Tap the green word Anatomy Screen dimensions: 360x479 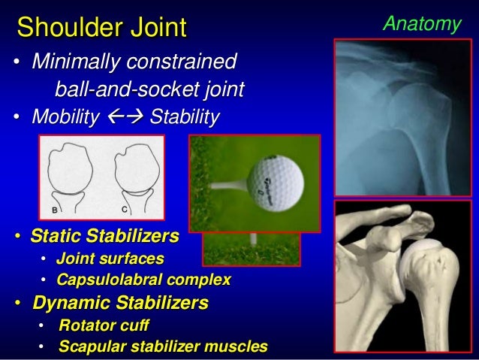tap(421, 24)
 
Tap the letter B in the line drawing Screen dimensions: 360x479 tap(54, 210)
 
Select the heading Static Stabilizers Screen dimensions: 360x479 tap(104, 237)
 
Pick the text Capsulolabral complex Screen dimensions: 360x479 tap(144, 280)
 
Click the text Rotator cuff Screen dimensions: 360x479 tap(103, 325)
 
